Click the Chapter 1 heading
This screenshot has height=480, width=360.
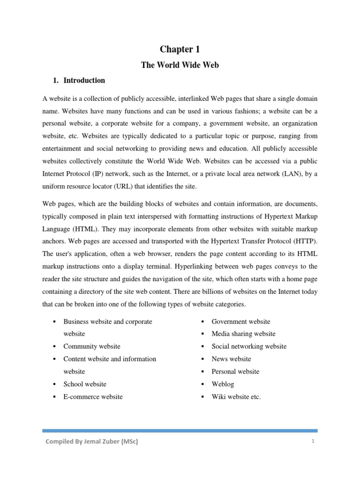click(180, 49)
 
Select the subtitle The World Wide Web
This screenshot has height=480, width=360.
click(180, 65)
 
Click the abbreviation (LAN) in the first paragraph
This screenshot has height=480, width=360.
click(293, 174)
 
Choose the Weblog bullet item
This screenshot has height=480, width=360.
click(223, 384)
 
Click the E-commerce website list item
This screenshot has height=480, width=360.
click(93, 397)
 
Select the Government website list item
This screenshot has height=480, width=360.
click(240, 322)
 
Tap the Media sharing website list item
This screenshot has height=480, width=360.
click(243, 334)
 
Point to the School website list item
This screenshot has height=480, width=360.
click(85, 384)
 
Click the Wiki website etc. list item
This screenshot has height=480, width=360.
click(236, 397)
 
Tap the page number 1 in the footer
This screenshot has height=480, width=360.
click(312, 442)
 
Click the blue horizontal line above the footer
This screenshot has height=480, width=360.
click(180, 430)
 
